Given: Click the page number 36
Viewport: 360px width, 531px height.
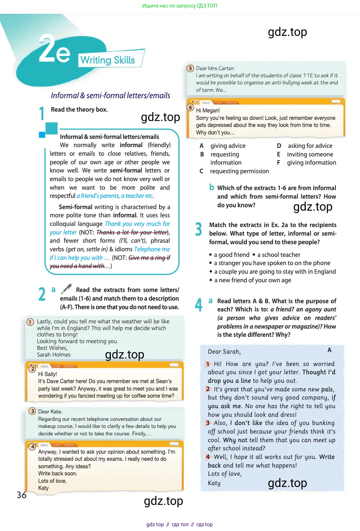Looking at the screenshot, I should (x=22, y=495).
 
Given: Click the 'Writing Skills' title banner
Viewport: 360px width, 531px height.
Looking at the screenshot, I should (x=108, y=60).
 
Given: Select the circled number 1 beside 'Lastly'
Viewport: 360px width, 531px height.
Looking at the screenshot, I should (x=30, y=322).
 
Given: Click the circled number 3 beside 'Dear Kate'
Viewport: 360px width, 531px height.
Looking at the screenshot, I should (x=32, y=411).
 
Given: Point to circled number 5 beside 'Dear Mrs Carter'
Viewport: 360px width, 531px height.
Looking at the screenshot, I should (x=190, y=68).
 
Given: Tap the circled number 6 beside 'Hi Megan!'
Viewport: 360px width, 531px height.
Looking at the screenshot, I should (x=190, y=108).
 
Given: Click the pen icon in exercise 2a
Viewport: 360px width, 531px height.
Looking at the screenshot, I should (x=66, y=289).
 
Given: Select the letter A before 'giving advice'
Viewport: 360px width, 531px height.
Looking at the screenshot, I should (x=202, y=146).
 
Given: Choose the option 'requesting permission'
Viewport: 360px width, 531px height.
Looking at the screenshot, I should (x=239, y=171).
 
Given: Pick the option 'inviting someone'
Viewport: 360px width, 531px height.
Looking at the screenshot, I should (x=310, y=154).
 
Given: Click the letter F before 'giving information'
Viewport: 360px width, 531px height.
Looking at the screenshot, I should (x=279, y=162).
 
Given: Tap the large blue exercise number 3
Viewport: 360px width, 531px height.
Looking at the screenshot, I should (x=199, y=229).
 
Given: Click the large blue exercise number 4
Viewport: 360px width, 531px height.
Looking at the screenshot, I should (x=199, y=305).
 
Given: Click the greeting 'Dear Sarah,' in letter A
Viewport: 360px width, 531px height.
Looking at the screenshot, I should (x=224, y=351).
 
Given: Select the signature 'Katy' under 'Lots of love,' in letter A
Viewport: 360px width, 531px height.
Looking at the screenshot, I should (x=214, y=483).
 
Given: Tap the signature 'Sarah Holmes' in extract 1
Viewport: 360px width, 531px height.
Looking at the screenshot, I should (x=54, y=355).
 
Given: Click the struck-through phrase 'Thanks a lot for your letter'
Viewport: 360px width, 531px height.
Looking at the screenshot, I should (x=131, y=232).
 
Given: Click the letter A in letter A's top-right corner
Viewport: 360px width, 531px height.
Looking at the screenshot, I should (x=329, y=350).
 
